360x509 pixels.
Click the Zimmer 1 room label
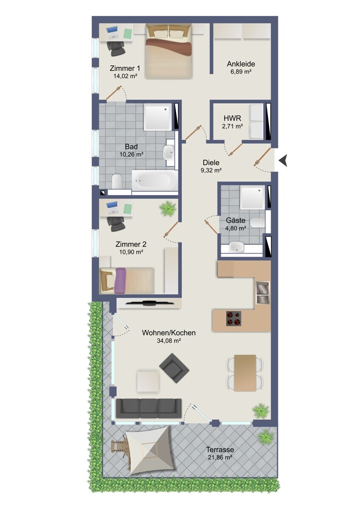tap(125, 68)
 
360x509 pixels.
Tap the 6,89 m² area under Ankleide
tap(241, 72)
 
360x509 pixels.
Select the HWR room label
tap(232, 118)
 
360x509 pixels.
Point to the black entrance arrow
tap(283, 160)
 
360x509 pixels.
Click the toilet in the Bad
tap(118, 181)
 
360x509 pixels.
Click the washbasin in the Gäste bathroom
tap(236, 246)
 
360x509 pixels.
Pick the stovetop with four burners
tap(233, 319)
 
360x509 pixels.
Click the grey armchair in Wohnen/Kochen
tap(174, 368)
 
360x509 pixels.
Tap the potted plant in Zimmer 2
tap(168, 208)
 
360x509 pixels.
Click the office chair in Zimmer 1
tap(116, 48)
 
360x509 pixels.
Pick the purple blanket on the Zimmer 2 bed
tap(121, 281)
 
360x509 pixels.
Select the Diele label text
tap(211, 162)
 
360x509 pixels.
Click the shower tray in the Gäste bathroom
tap(253, 197)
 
